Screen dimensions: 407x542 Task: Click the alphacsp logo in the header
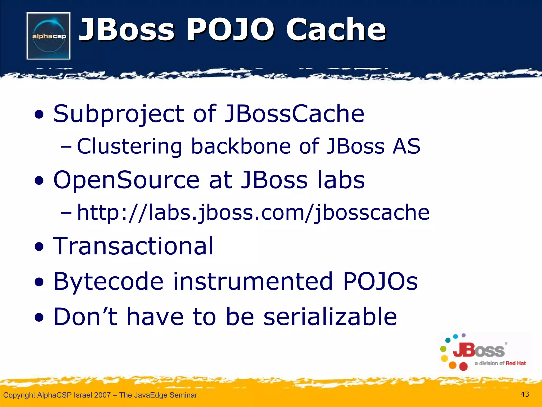tap(48, 36)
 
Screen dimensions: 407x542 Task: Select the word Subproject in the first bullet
tap(118, 114)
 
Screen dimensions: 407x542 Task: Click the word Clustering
tap(129, 147)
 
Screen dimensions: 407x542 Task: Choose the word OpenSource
tap(126, 180)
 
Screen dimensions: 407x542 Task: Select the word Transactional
tap(133, 246)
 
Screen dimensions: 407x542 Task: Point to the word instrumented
tap(253, 281)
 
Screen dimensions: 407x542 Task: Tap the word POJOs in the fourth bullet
tap(380, 281)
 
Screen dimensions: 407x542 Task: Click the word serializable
tap(330, 316)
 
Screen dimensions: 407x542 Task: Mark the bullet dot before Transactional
tap(39, 247)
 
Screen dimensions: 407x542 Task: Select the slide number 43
tap(525, 394)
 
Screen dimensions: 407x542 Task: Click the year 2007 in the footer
tap(102, 395)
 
